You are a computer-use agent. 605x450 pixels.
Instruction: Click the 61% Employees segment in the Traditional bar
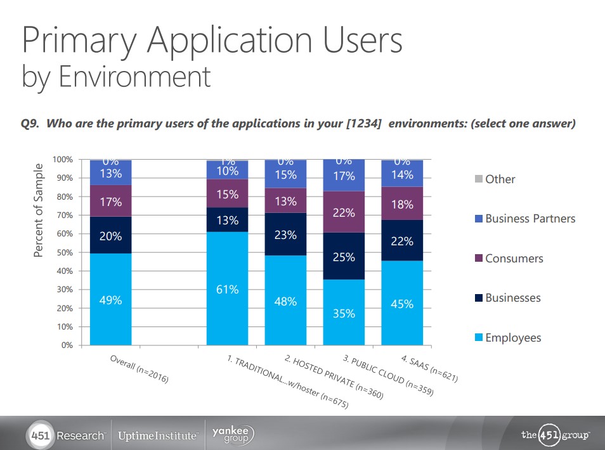227,289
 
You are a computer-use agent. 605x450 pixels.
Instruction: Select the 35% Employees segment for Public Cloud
344,312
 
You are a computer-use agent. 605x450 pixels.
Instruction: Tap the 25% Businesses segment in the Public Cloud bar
344,257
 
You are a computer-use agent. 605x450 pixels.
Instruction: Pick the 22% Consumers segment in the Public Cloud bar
344,212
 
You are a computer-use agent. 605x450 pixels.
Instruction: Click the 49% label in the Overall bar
110,300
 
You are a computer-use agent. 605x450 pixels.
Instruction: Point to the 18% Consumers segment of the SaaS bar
402,204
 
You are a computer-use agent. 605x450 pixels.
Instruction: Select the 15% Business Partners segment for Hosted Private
285,175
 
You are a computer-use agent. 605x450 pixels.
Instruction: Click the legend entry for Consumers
514,259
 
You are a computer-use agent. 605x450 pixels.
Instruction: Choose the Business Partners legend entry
530,219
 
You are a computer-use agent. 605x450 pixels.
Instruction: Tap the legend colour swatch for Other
479,179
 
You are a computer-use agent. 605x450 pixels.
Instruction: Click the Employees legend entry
512,338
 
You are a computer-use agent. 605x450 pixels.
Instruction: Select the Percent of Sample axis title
39,210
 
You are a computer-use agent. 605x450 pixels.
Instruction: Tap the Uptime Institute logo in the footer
158,436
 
